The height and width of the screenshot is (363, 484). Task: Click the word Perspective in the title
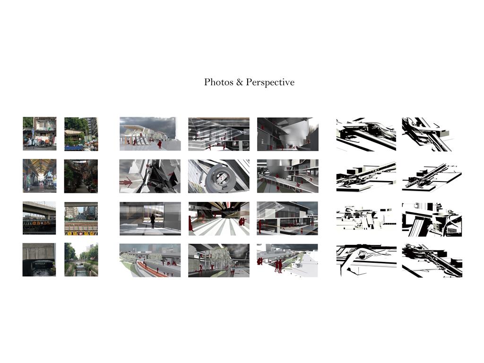270,82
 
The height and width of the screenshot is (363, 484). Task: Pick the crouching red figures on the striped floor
242,222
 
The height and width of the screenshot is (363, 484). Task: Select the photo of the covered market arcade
40,176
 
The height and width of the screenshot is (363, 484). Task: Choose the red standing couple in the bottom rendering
278,266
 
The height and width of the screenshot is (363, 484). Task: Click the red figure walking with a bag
160,144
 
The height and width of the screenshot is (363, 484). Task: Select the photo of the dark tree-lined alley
81,176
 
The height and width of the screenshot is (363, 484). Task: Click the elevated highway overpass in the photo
39,208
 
